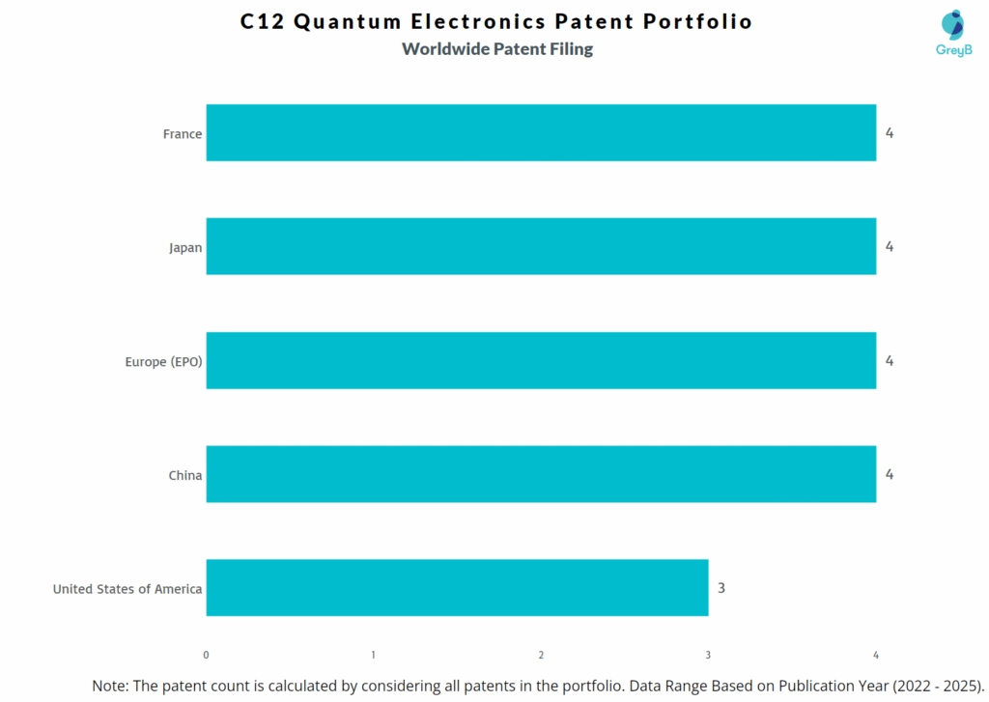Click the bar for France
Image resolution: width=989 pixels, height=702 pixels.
pos(541,133)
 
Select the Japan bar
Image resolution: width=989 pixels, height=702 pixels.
pos(541,246)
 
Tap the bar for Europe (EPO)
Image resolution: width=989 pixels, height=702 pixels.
pos(541,360)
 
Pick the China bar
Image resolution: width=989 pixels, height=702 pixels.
pos(541,474)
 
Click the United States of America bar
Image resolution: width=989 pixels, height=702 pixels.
pos(457,588)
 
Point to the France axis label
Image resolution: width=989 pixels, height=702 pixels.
pos(183,134)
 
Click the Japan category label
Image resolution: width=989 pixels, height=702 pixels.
pos(185,247)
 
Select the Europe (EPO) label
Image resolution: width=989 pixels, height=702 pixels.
pos(163,361)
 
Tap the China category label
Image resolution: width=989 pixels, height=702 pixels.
pos(185,475)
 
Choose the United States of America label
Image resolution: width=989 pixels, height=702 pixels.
pos(127,588)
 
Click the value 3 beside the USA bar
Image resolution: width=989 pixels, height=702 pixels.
pos(721,588)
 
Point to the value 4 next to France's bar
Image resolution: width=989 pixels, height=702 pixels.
pos(890,133)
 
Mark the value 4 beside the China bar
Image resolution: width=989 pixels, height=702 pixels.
pos(890,474)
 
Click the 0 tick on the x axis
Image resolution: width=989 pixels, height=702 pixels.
pos(207,655)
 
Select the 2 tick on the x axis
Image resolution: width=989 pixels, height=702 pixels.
pos(541,655)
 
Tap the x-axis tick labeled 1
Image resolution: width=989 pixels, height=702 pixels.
pos(374,655)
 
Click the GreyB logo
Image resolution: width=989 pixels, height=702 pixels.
pos(953,33)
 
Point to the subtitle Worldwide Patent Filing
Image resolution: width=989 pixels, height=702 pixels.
pos(497,49)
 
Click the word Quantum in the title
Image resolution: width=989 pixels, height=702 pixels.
pos(346,21)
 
